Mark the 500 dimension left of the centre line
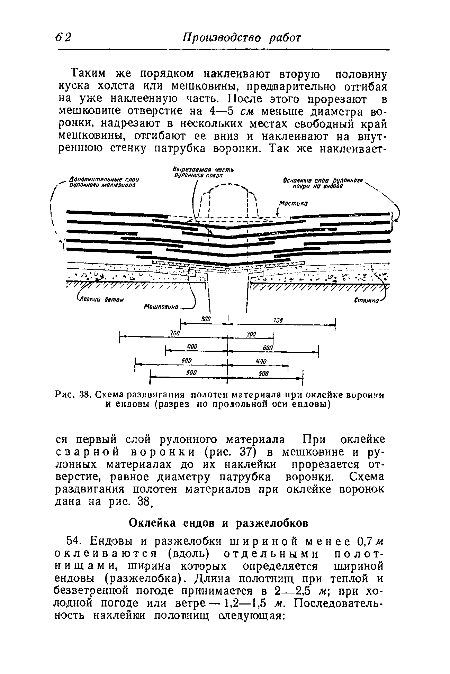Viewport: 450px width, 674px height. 191,373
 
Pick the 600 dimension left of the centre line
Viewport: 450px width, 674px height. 187,360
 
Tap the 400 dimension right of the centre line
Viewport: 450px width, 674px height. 260,362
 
